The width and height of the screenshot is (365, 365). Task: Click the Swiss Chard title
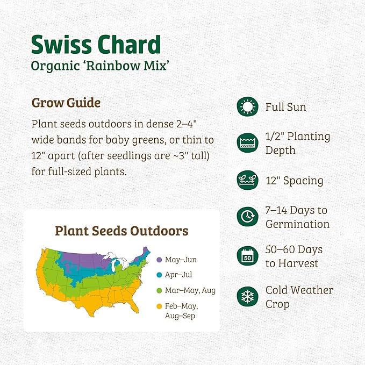click(96, 45)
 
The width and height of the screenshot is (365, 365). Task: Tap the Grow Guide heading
click(66, 102)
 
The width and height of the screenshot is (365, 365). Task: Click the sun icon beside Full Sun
click(247, 107)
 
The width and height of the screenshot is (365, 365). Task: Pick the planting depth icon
click(247, 143)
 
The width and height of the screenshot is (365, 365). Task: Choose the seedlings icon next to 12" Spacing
click(247, 180)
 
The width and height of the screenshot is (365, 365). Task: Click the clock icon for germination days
click(247, 217)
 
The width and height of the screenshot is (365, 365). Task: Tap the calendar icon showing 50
click(247, 256)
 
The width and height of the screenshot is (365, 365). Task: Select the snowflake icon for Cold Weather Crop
click(247, 297)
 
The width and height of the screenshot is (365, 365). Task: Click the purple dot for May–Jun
click(159, 260)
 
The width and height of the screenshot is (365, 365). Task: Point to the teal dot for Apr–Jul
click(159, 275)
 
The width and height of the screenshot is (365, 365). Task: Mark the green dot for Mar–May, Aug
click(159, 290)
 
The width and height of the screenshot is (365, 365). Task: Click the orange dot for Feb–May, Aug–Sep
click(159, 306)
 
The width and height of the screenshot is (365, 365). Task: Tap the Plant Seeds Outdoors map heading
click(121, 231)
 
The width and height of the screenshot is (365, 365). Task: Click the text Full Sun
click(285, 107)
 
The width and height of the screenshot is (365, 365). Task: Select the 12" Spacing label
click(294, 180)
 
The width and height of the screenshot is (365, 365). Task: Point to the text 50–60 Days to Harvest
click(294, 256)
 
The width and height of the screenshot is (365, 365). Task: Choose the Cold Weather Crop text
click(299, 297)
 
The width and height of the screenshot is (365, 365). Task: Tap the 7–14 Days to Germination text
click(297, 217)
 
